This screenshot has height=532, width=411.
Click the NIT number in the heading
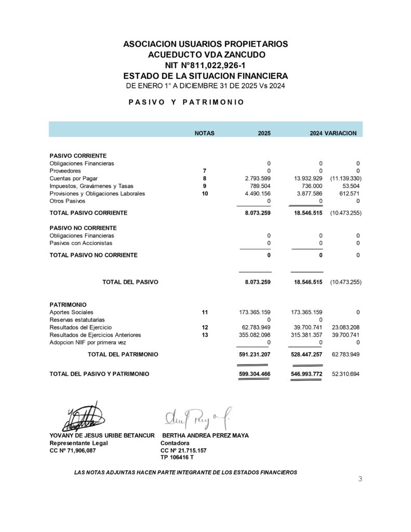pos(205,65)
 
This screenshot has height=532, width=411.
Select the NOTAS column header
pos(204,133)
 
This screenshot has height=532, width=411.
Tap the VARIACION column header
pos(340,133)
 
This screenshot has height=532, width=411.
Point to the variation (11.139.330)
pos(346,178)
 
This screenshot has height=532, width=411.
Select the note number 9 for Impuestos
pos(205,186)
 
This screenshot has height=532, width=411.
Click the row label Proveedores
pos(65,171)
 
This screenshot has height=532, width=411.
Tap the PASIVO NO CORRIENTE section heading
pos(83,228)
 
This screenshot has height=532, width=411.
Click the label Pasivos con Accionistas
pos(81,243)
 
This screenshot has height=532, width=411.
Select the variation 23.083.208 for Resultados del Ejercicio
pos(346,328)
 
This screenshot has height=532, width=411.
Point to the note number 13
pos(205,336)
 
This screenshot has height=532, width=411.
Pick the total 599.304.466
pos(254,374)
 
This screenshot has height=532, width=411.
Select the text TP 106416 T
pos(177,458)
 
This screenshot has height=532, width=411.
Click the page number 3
pos(360,478)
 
